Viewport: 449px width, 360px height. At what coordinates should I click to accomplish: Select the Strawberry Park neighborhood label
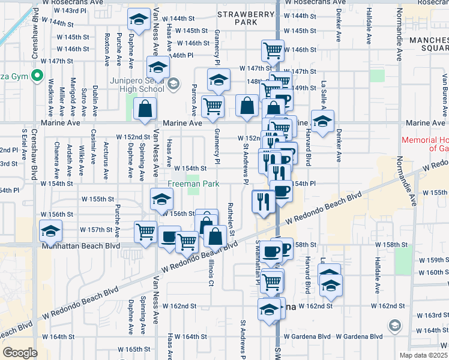[237, 17]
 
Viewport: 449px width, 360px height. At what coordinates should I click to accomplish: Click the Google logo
[20, 353]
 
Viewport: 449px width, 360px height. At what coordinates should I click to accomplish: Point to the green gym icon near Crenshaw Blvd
[36, 76]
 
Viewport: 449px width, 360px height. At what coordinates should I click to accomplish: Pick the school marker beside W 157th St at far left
[50, 230]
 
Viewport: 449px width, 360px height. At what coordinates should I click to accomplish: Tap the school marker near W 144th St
[139, 21]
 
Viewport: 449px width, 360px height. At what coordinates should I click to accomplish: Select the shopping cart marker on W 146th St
[273, 50]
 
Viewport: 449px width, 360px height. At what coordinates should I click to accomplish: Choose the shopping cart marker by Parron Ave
[212, 107]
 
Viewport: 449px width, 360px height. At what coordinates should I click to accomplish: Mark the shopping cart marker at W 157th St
[145, 231]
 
